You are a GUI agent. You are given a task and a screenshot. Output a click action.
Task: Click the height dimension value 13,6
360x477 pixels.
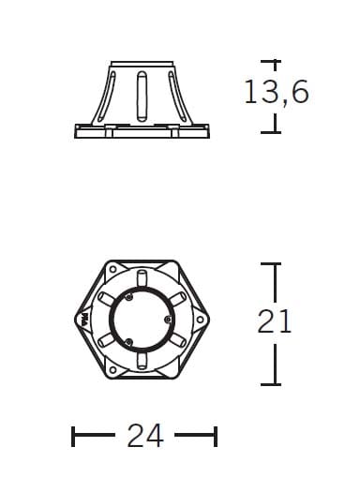[x=276, y=93]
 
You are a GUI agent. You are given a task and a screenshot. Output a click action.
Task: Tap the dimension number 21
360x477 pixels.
[x=275, y=321]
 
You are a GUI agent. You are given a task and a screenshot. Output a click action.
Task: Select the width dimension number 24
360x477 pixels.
[x=144, y=435]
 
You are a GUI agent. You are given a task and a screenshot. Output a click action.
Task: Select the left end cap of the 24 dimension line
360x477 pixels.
[x=73, y=436]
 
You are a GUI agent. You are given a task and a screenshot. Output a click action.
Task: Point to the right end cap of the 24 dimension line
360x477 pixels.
[x=216, y=436]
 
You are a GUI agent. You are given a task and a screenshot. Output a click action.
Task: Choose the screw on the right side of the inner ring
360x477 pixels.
[x=168, y=320]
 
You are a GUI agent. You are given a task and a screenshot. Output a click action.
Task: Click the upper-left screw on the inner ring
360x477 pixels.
[x=129, y=299]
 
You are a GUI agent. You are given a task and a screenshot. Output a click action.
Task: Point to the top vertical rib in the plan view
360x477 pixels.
[x=142, y=278]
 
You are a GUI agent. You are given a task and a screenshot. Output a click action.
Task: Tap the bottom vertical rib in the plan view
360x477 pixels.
[x=142, y=362]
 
